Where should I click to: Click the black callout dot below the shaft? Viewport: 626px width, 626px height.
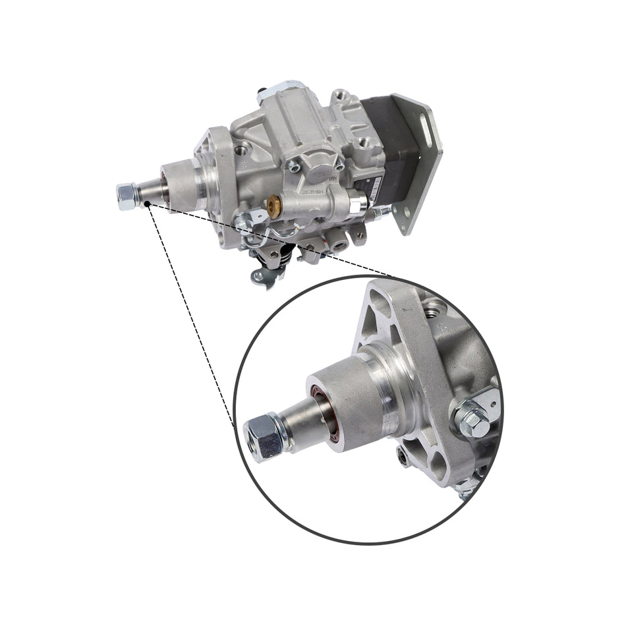149,206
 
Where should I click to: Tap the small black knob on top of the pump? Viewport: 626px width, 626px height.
263,89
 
